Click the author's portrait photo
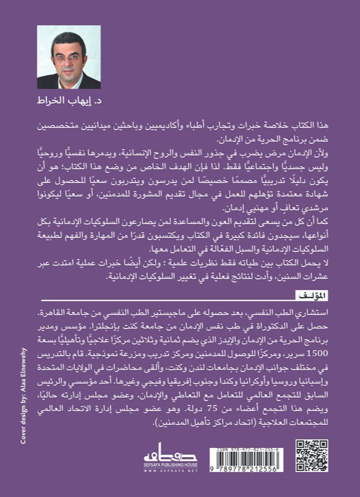[60, 57]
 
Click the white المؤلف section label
[310, 295]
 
